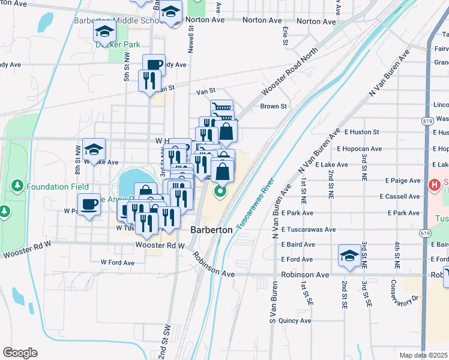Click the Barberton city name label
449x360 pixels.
tap(211, 230)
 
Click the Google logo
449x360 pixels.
tap(20, 353)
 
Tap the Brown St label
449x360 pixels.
tap(273, 106)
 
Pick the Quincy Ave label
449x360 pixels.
tap(295, 320)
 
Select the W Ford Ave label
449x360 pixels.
tap(118, 262)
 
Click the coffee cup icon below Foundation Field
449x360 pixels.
tap(89, 204)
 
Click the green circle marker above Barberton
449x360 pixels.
tap(220, 192)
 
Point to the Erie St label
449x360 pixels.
tap(286, 38)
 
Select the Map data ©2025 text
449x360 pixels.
tap(424, 355)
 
